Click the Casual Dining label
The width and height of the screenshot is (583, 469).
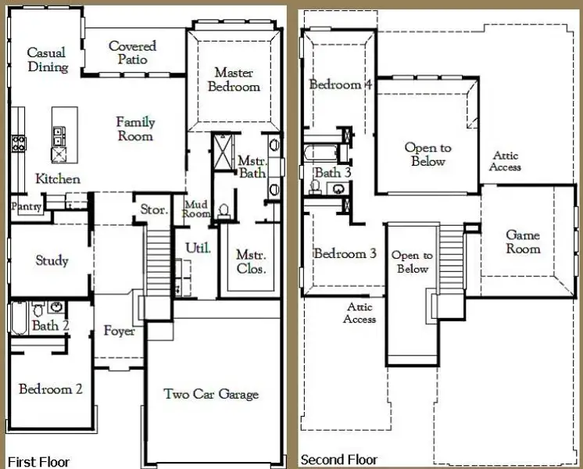pyautogui.click(x=47, y=60)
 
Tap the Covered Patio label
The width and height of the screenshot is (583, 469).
pyautogui.click(x=132, y=53)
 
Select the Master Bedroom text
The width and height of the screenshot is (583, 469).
pyautogui.click(x=234, y=79)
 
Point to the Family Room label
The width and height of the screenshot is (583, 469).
pyautogui.click(x=135, y=129)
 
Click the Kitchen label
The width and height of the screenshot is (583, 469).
pyautogui.click(x=58, y=179)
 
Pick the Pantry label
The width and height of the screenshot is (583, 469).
pyautogui.click(x=25, y=206)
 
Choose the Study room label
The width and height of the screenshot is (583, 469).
pyautogui.click(x=52, y=261)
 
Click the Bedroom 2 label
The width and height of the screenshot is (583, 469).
pyautogui.click(x=51, y=388)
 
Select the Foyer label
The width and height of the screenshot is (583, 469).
pyautogui.click(x=119, y=331)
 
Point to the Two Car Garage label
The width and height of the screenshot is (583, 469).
pyautogui.click(x=211, y=394)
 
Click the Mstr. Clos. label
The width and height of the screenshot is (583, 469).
pyautogui.click(x=251, y=262)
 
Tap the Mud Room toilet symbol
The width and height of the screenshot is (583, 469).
pyautogui.click(x=224, y=210)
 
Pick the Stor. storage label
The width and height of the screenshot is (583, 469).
pyautogui.click(x=153, y=209)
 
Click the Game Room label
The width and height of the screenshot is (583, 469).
pyautogui.click(x=523, y=242)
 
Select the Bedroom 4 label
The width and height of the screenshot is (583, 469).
pyautogui.click(x=339, y=84)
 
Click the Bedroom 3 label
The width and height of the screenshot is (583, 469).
pyautogui.click(x=345, y=253)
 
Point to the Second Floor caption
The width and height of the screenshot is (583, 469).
pyautogui.click(x=339, y=460)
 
